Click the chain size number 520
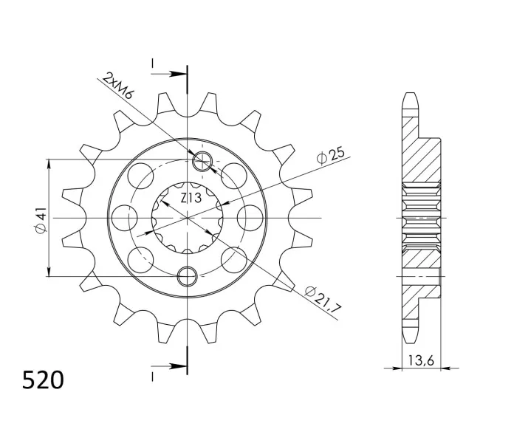click(43, 380)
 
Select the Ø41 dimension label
click(41, 219)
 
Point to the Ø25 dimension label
click(331, 155)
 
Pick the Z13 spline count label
click(191, 198)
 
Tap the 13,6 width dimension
click(421, 360)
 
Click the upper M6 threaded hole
click(202, 162)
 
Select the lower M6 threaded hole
click(187, 276)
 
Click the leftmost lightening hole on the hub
click(124, 218)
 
